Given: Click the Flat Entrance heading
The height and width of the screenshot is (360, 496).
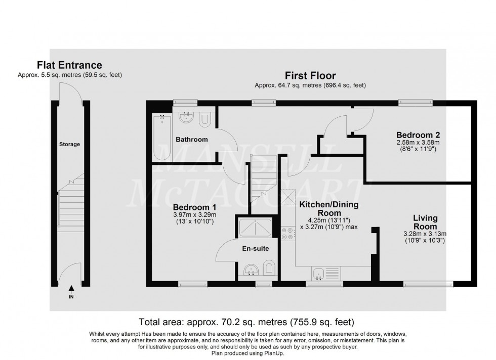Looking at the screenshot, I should point(69,65).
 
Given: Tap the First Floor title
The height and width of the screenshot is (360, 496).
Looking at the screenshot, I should point(310,75).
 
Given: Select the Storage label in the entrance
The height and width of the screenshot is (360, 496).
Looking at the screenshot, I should point(69,144).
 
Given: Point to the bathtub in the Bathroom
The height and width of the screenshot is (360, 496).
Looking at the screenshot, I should point(162,137).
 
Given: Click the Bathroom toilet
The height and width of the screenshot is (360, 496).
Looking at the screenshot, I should point(205,119).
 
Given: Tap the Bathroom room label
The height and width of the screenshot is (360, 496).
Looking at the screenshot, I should point(192,140).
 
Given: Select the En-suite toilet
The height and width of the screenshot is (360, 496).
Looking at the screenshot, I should point(270,268).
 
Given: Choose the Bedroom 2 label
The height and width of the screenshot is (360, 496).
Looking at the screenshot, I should point(418,135).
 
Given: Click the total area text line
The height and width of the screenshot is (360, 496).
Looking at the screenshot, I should point(247,322).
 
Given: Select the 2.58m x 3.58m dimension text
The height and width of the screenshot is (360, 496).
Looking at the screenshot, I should point(418,143).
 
